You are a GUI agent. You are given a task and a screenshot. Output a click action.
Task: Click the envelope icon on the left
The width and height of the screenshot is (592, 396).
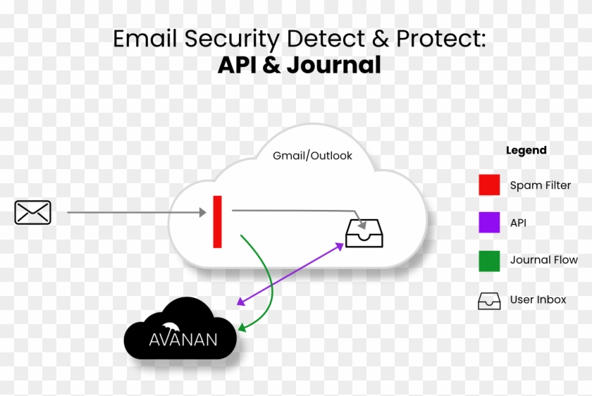pos(32,212)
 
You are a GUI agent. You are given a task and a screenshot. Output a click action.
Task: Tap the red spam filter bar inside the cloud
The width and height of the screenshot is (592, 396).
pos(218,222)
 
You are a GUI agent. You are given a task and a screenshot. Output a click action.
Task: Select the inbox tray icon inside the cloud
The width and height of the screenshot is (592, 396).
pos(364,233)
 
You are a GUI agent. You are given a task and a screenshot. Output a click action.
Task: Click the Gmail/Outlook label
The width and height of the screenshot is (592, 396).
pos(312,156)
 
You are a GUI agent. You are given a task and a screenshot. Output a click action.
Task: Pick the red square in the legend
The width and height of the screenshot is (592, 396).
pos(489,185)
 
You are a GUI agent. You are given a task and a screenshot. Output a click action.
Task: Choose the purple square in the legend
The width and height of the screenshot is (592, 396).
pos(489,223)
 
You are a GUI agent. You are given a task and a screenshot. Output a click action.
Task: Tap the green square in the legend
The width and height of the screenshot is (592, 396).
pos(489,261)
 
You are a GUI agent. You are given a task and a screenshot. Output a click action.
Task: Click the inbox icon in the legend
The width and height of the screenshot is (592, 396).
pos(489,300)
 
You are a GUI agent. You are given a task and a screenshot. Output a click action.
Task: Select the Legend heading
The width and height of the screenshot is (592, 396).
pos(526,150)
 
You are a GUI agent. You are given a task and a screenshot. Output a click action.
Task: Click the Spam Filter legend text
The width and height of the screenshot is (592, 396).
pos(541,186)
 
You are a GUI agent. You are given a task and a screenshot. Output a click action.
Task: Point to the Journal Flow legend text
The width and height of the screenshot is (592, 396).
pos(543,261)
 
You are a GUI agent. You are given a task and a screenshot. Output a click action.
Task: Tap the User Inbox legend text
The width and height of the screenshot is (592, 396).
pos(538,300)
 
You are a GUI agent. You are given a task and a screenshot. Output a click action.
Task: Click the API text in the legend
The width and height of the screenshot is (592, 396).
pos(518,223)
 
